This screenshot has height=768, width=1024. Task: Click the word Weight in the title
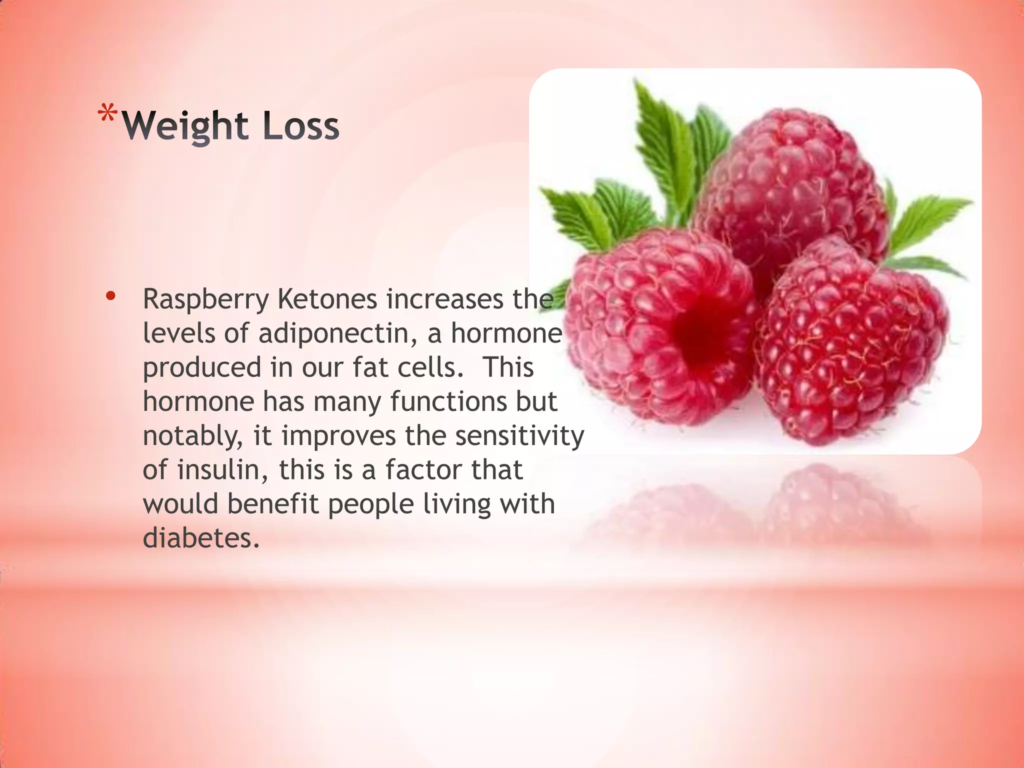click(185, 126)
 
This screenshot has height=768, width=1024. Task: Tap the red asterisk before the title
click(107, 114)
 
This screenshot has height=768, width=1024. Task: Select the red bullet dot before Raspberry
click(110, 296)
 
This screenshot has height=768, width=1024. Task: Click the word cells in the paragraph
click(430, 367)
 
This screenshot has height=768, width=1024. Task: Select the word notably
click(193, 436)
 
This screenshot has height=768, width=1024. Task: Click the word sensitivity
click(519, 435)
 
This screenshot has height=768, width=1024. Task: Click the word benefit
click(273, 504)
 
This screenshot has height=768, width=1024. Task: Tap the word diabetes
click(201, 538)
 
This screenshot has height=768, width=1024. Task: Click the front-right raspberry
click(850, 345)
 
